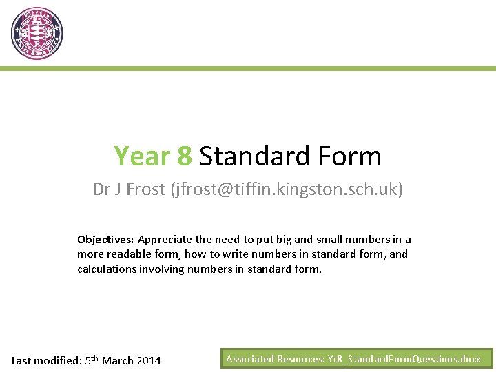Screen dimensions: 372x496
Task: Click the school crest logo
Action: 37,33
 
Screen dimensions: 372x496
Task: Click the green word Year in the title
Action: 143,156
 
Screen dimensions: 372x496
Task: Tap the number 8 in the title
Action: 185,156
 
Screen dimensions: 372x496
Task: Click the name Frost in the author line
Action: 145,189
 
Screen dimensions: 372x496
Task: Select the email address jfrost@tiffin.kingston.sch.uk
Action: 286,189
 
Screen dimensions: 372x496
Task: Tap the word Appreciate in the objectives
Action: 165,240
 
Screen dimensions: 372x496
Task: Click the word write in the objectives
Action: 227,254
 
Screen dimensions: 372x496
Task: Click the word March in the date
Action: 118,360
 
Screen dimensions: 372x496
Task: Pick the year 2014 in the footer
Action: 149,360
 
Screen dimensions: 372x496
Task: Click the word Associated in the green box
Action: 250,359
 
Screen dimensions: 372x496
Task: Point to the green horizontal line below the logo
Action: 248,68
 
